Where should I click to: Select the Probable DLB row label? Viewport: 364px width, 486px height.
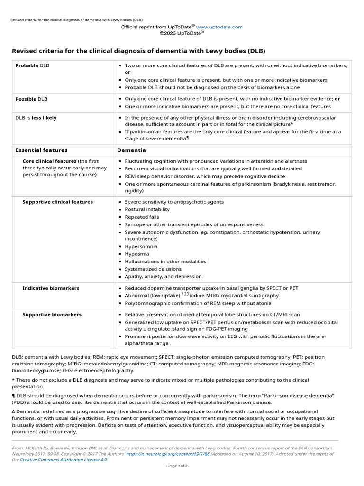[x=32, y=65]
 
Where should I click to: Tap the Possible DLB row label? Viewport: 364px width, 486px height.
[x=31, y=99]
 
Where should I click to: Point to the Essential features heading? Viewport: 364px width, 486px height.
[x=41, y=150]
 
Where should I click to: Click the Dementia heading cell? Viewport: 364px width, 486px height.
[x=131, y=150]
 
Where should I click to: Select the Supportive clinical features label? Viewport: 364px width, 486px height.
[x=57, y=202]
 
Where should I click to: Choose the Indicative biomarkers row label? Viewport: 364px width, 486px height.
[x=51, y=288]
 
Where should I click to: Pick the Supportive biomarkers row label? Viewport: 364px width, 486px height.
[x=52, y=314]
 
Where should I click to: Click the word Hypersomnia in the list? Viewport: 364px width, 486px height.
[x=141, y=246]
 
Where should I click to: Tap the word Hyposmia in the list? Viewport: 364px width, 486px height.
[x=136, y=254]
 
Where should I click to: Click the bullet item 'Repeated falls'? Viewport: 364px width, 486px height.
[x=142, y=217]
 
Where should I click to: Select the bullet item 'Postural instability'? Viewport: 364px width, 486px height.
[x=147, y=209]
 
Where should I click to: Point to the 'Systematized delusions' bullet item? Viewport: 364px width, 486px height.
[x=153, y=269]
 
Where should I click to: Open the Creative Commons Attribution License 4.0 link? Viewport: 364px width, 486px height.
[x=64, y=459]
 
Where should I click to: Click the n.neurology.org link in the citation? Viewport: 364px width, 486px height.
[x=168, y=454]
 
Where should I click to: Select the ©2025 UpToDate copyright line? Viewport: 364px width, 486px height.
[x=182, y=34]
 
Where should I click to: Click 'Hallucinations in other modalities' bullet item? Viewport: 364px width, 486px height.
[x=165, y=261]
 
